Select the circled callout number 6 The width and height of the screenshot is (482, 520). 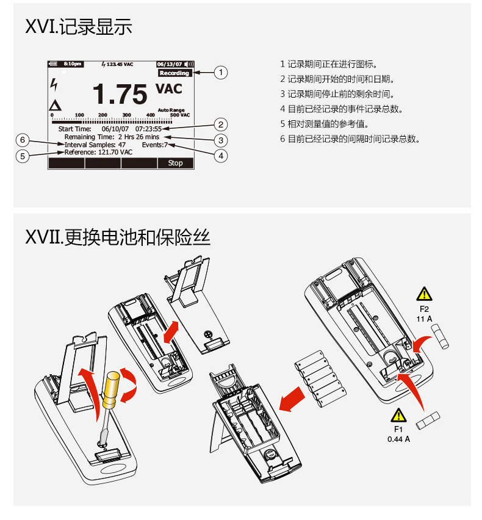23,140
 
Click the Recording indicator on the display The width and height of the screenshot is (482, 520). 174,73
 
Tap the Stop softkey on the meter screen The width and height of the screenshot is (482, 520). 175,163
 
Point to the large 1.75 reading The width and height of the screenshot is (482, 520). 120,95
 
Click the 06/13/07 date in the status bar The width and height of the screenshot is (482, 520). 169,63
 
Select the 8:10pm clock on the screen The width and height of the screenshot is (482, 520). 73,63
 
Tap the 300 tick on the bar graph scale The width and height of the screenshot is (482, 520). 126,115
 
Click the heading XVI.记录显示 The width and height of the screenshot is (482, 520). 79,27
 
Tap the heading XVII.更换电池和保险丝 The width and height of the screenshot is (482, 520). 118,236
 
